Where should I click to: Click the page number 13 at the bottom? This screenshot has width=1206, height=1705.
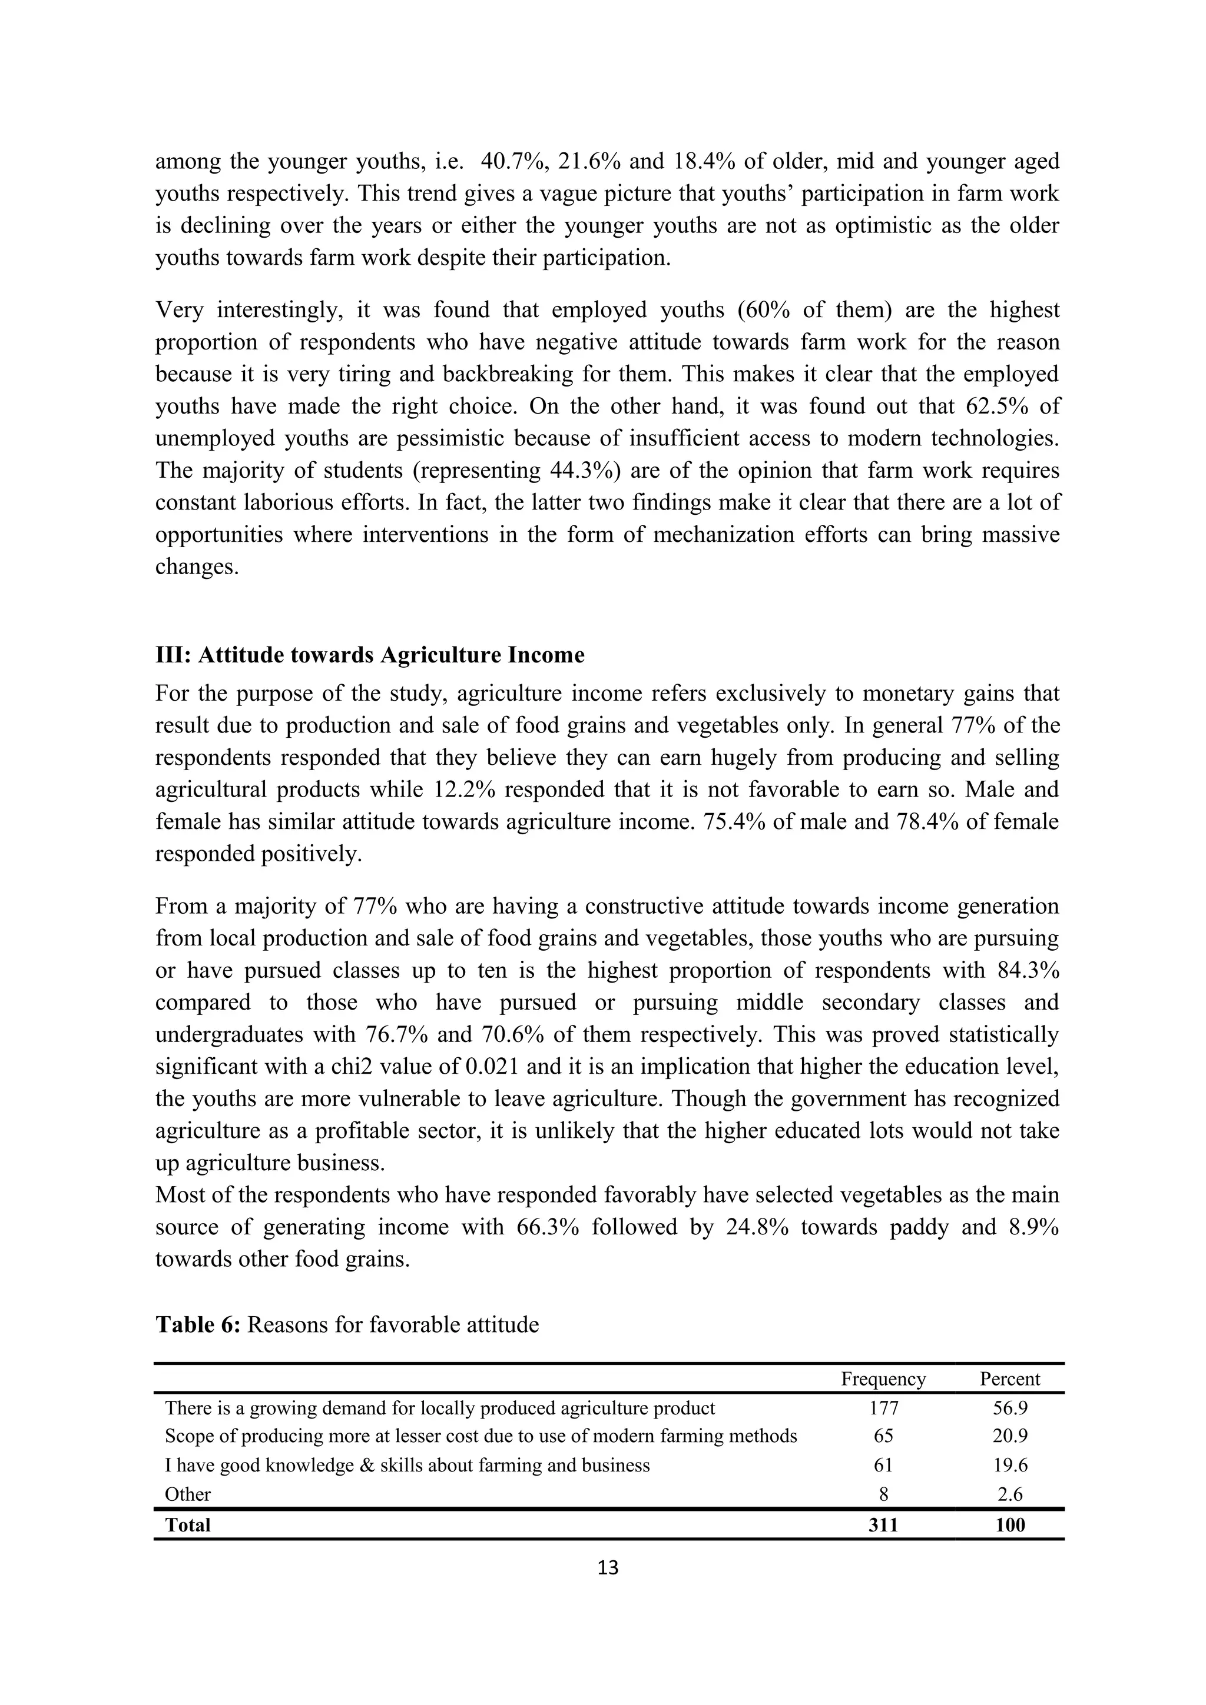point(607,1567)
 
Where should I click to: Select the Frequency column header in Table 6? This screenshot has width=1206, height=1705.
point(883,1379)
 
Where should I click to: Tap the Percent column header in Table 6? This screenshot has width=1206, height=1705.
point(1009,1379)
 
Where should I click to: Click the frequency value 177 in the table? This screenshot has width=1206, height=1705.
point(883,1408)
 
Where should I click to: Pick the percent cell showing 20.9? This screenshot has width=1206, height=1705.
point(1009,1436)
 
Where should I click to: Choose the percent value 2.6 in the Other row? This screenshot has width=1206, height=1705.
point(1009,1494)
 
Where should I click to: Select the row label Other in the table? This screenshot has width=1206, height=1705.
point(188,1494)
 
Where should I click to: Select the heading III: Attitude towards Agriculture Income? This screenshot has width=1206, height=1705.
point(369,655)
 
